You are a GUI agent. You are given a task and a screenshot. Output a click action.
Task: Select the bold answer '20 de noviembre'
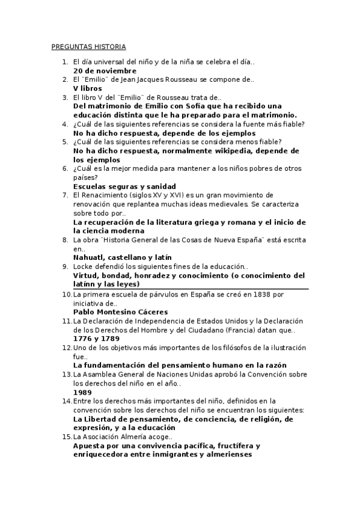(105, 70)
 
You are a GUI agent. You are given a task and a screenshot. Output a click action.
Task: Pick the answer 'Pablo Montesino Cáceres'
(120, 312)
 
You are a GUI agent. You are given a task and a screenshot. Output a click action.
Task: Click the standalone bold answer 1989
(83, 392)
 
